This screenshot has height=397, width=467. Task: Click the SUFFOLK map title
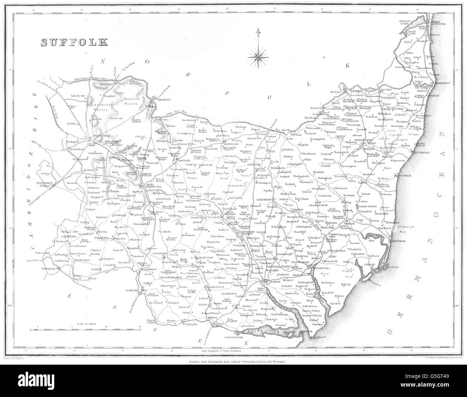pyautogui.click(x=74, y=42)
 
